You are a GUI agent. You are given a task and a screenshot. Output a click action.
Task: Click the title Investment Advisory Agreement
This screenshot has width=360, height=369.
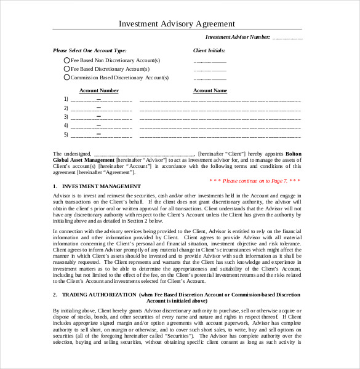point(177,23)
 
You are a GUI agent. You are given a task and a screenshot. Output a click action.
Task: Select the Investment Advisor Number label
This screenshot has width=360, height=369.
point(238,38)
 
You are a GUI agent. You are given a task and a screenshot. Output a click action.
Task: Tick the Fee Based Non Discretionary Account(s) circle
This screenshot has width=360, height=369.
point(67,60)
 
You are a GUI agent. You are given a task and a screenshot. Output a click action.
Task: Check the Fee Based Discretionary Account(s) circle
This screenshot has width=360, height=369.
point(67,69)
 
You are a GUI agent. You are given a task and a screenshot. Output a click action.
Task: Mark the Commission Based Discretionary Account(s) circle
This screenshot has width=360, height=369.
point(67,77)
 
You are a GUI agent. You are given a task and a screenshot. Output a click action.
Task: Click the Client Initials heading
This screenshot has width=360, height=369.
point(209,50)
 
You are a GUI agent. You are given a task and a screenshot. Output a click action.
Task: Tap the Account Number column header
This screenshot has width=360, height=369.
point(100,90)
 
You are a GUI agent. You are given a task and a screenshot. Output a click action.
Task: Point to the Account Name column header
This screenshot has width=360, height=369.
point(210,90)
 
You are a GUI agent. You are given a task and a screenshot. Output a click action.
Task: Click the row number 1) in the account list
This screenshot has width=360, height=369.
point(66,99)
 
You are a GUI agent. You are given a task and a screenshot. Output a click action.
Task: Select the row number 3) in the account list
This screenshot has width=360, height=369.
point(66,116)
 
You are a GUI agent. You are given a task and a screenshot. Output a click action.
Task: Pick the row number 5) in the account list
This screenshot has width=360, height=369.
point(66,134)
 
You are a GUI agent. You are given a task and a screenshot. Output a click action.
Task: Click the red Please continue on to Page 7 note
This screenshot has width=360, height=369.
point(255,181)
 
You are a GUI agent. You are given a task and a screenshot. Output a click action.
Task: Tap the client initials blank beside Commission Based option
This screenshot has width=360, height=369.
point(210,79)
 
